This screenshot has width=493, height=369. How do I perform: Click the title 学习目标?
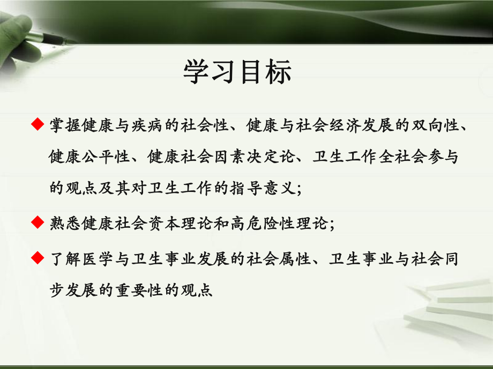[237, 72]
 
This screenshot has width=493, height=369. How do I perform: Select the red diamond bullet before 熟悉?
[37, 221]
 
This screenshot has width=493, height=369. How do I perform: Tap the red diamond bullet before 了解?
[37, 258]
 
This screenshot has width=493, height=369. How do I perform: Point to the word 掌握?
[63, 126]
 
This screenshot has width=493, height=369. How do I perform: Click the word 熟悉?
[63, 222]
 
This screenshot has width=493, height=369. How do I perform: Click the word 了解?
[63, 259]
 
